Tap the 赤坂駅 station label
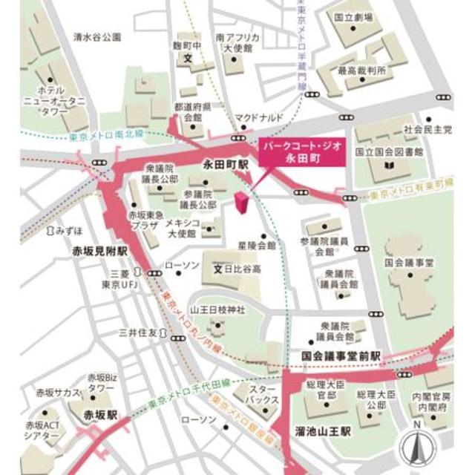(100, 414)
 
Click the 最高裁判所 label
(362, 71)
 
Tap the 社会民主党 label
(427, 129)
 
